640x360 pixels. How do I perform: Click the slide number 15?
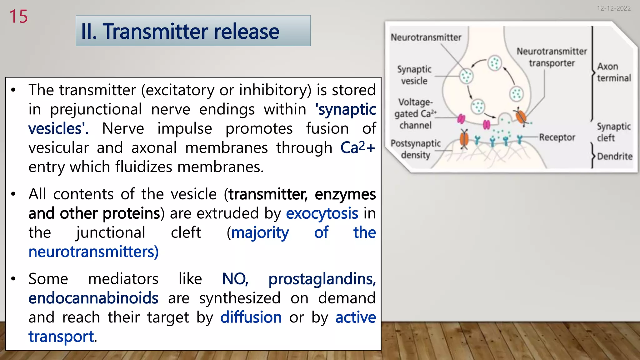18,17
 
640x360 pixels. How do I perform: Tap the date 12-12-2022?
613,8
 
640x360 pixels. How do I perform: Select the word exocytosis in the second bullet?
322,213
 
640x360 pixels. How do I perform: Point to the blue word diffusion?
251,317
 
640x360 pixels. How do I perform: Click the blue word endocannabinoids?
93,298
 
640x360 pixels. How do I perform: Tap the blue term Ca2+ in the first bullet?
357,147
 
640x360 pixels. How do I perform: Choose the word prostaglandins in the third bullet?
322,279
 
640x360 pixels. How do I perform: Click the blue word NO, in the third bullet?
235,279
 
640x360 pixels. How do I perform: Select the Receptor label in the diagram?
557,137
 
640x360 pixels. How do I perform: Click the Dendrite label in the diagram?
614,156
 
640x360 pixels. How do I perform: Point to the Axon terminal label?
613,72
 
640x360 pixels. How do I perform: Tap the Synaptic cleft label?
613,132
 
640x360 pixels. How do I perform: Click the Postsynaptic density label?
415,149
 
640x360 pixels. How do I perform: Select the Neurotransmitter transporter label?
552,57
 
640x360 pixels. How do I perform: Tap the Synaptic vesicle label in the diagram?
414,75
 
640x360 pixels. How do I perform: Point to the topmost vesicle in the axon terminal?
495,63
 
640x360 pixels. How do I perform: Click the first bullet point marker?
13,90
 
